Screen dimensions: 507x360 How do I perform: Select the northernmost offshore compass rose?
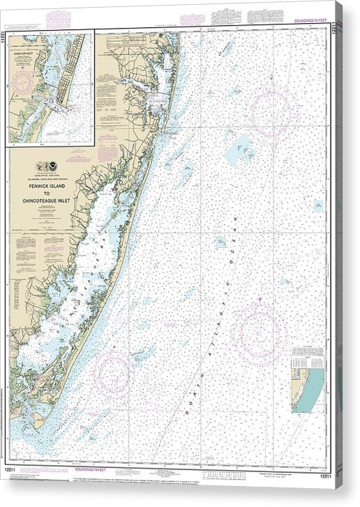(x=269, y=112)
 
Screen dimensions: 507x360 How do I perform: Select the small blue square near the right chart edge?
(x=317, y=206)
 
